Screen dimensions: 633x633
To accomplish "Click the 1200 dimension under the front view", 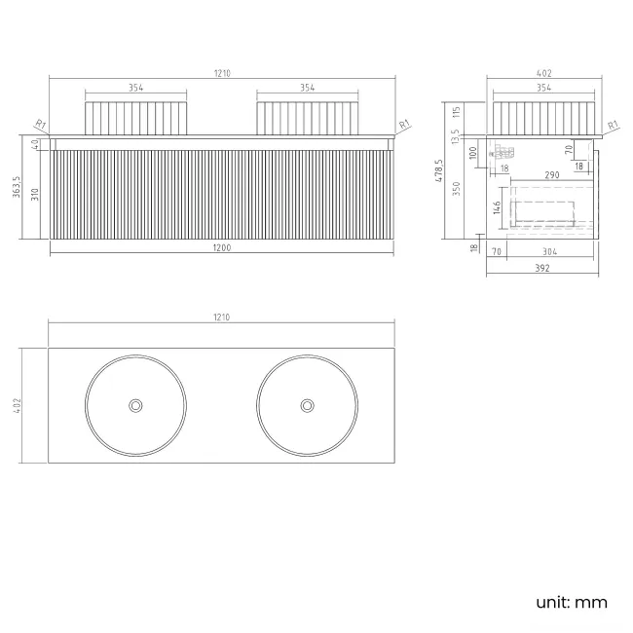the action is tap(222, 247).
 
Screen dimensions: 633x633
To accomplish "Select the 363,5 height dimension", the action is tap(17, 187).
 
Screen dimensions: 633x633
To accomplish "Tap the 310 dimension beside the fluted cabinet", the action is tap(35, 194).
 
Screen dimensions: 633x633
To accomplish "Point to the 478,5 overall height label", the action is tap(439, 170).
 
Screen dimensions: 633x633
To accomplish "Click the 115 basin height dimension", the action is tap(457, 112).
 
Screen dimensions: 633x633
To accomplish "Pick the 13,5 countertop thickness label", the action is tap(456, 137).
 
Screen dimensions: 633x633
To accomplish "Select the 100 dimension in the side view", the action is tap(473, 153).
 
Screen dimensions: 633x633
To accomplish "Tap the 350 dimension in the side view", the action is tap(457, 189).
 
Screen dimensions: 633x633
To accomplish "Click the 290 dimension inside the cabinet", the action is tap(552, 174).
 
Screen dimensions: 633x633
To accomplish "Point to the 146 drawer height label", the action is tap(497, 207).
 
